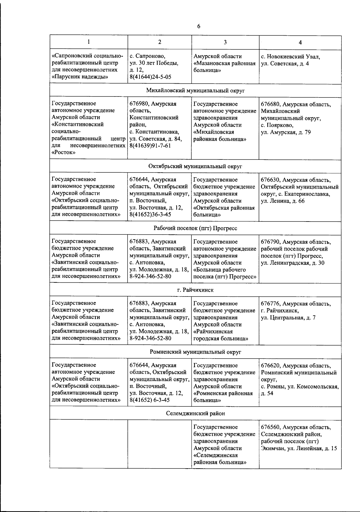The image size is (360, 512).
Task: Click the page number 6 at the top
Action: (199, 26)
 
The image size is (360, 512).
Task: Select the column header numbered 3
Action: (225, 42)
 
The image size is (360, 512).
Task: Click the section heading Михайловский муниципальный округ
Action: (195, 91)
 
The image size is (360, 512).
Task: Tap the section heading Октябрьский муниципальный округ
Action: (195, 166)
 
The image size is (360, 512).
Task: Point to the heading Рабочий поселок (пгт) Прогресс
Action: (195, 228)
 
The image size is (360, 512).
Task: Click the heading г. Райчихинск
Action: (195, 290)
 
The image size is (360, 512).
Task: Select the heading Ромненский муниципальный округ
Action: (195, 352)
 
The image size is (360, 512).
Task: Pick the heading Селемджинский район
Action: (195, 413)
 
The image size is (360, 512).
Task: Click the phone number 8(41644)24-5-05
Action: (150, 77)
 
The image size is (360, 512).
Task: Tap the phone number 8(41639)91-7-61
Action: (150, 146)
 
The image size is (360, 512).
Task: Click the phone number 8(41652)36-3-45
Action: (150, 215)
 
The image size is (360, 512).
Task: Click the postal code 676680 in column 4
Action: (270, 104)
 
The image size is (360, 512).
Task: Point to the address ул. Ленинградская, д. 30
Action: (292, 263)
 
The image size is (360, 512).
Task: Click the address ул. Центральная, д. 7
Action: (288, 318)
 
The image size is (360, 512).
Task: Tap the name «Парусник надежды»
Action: (80, 77)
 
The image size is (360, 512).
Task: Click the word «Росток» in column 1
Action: (63, 153)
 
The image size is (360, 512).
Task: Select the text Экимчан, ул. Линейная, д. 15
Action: (299, 448)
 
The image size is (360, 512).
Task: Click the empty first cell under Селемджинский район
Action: (89, 444)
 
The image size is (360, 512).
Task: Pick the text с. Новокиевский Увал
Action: (290, 57)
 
